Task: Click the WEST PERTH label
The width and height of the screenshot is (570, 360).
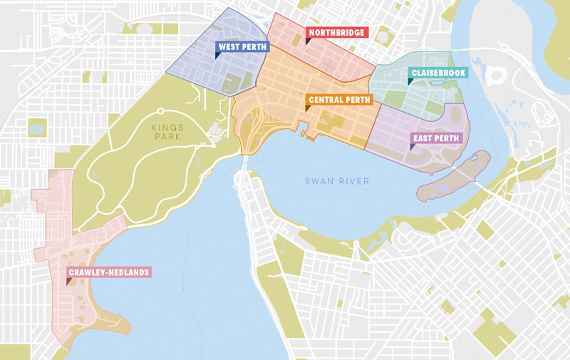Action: [242, 48]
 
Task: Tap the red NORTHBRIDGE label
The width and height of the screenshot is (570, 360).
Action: [336, 33]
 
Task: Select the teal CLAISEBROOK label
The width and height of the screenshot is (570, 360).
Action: [437, 73]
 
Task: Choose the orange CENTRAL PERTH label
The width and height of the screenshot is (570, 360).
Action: [338, 99]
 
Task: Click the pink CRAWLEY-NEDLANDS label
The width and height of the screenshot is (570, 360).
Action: [104, 272]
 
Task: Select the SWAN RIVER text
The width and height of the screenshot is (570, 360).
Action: [337, 181]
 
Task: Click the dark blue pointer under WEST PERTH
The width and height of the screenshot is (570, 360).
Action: [218, 56]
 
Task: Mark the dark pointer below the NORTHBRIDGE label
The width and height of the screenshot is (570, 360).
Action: [308, 41]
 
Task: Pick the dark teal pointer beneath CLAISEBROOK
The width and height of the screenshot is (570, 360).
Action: [410, 81]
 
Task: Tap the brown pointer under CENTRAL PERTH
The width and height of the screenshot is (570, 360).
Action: [307, 108]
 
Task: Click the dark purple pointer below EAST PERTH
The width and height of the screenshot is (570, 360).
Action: [413, 146]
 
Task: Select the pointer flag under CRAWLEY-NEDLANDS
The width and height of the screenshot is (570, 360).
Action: [69, 282]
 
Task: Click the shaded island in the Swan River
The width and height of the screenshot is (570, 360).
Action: [452, 175]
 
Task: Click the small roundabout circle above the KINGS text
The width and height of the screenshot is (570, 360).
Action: [161, 110]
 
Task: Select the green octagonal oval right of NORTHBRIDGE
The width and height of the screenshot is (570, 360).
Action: [383, 33]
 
